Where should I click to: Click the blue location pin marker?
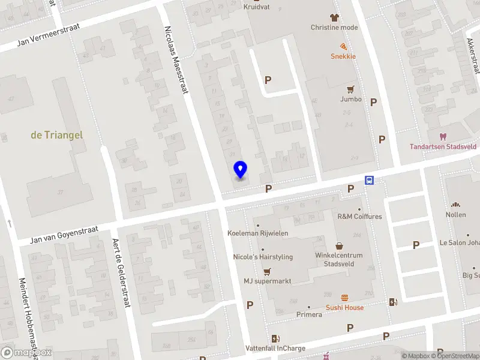240,170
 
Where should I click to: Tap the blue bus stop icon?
369,180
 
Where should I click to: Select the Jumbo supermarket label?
351,99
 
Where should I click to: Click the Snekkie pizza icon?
343,46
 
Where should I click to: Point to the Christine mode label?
334,27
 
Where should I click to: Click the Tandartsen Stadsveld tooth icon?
443,137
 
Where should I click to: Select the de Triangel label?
57,135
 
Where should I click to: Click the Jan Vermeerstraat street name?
42,41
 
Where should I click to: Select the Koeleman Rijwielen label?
258,233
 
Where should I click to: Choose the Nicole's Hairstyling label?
263,257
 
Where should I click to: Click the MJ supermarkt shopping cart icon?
267,271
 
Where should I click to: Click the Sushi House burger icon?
344,298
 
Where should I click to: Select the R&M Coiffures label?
359,217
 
